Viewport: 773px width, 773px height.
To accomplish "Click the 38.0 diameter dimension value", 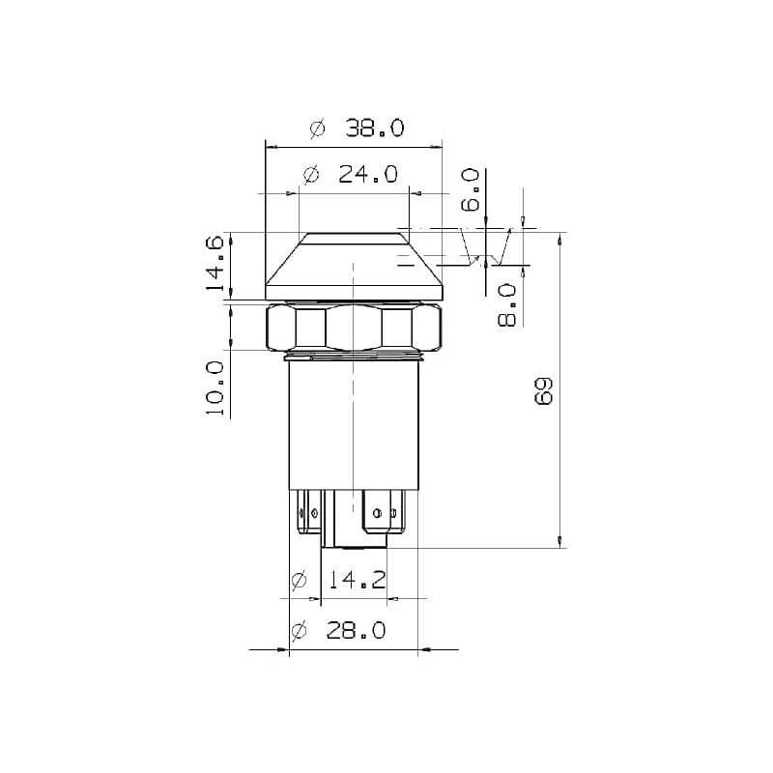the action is coord(374,129).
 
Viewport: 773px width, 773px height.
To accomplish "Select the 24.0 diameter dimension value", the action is coord(367,174).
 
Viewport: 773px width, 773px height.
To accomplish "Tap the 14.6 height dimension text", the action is coord(215,264).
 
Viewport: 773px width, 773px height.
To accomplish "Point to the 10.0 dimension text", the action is coord(215,387).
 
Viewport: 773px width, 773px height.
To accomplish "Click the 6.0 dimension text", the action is coord(471,189).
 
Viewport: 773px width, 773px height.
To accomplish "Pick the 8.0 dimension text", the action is coord(507,305).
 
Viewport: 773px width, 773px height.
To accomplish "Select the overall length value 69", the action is coord(543,391).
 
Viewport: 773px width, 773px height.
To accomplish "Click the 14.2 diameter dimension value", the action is coord(357,580).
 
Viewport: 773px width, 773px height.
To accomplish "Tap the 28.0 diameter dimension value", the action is coord(356,631).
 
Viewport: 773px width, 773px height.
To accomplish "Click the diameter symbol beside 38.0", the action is coord(318,129).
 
